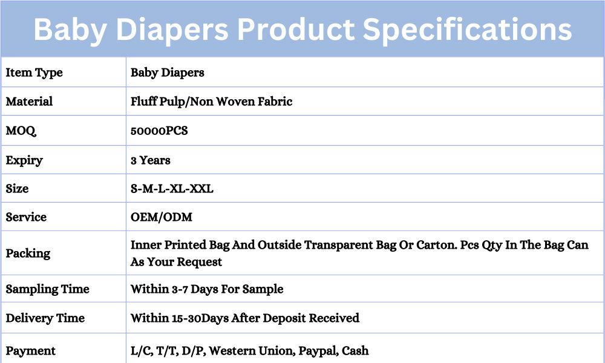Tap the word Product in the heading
[296, 29]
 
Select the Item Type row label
[34, 73]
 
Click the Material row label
[29, 102]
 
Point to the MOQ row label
[21, 131]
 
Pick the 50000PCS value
[159, 131]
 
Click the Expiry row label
[24, 160]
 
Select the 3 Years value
[151, 160]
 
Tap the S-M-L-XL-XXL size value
[172, 189]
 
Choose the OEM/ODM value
[162, 217]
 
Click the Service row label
[26, 217]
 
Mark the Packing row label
[28, 253]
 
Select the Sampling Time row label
[47, 289]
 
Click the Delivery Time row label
[45, 318]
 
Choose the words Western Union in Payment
[252, 351]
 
